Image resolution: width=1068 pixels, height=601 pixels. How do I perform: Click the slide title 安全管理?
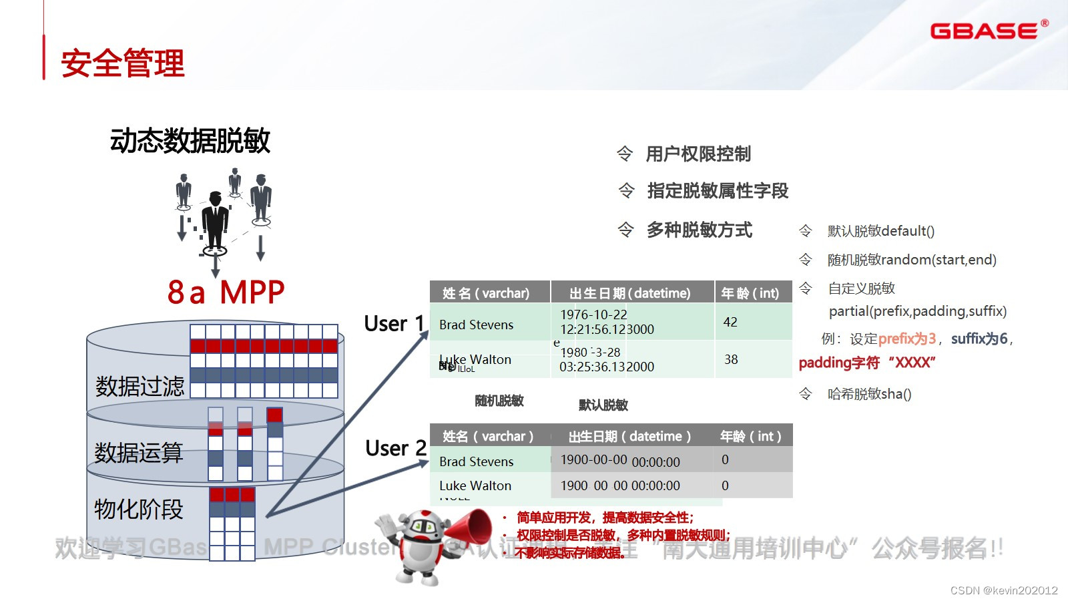tap(123, 63)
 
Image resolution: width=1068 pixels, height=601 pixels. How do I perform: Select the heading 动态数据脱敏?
tap(190, 141)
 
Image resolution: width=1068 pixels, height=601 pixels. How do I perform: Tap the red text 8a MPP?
tap(226, 292)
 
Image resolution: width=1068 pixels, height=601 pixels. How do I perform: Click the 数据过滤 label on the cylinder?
tap(140, 386)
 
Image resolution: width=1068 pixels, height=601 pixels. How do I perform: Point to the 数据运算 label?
tap(138, 452)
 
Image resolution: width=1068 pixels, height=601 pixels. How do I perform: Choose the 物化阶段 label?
tap(138, 509)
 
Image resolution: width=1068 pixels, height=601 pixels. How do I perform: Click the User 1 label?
tap(394, 324)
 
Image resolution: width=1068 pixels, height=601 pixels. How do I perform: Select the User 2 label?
tap(395, 448)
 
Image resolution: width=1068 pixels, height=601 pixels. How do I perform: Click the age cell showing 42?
tap(730, 322)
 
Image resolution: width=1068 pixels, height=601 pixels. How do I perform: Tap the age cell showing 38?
tap(731, 359)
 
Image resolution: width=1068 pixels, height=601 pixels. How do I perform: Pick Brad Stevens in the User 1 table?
tap(476, 325)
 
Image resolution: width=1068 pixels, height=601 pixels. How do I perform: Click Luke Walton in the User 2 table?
tap(475, 485)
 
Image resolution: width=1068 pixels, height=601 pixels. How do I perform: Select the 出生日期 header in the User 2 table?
tap(629, 436)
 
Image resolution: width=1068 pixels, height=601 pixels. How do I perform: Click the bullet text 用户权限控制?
tap(698, 154)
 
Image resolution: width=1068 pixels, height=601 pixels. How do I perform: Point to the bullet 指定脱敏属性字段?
tap(718, 191)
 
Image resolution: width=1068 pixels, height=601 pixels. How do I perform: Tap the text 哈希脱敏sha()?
tap(869, 394)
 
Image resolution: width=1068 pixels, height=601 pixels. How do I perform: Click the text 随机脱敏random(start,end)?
tap(912, 260)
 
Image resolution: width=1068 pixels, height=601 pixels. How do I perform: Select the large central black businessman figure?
tap(215, 220)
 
